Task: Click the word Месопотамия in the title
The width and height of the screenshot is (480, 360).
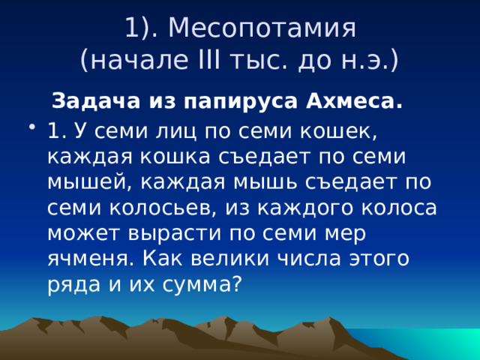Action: coord(262,28)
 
